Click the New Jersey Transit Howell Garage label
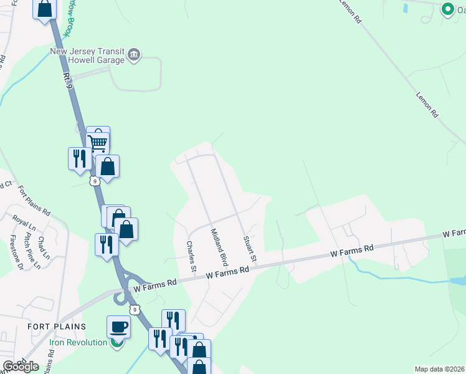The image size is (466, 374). click(x=87, y=56)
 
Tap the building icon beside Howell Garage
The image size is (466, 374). click(x=134, y=55)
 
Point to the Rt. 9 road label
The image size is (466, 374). click(x=68, y=79)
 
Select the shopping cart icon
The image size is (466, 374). click(x=98, y=143)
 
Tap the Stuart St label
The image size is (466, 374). click(x=250, y=248)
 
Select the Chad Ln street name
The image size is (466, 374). click(x=42, y=248)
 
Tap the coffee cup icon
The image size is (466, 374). click(x=118, y=327)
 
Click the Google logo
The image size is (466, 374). click(x=21, y=367)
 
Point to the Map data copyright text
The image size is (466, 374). click(x=440, y=369)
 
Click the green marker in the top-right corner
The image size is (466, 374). click(x=447, y=9)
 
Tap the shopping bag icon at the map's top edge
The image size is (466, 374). click(x=45, y=9)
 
